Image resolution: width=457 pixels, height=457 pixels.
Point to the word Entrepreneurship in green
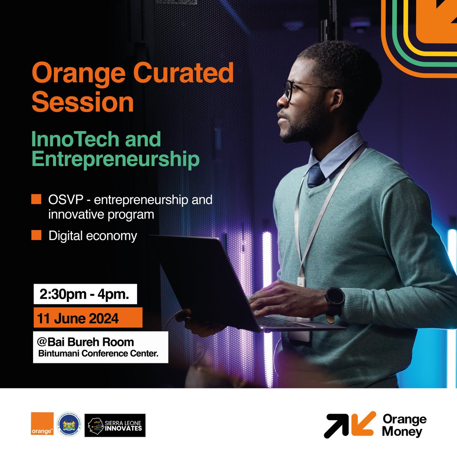(115, 159)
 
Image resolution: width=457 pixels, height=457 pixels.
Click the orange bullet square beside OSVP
(36, 199)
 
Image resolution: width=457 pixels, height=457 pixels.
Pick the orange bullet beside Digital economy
(36, 235)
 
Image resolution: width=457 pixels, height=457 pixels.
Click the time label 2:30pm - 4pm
(85, 294)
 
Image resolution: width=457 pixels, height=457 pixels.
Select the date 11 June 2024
(78, 318)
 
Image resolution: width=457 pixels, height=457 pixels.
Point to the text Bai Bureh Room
(90, 342)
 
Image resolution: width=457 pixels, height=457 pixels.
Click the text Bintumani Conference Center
(98, 353)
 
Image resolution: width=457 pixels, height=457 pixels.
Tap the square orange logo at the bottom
(42, 423)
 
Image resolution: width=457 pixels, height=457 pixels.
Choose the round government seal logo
(69, 423)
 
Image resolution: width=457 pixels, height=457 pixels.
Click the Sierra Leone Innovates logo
(115, 425)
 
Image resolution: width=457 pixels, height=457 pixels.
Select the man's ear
(337, 100)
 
